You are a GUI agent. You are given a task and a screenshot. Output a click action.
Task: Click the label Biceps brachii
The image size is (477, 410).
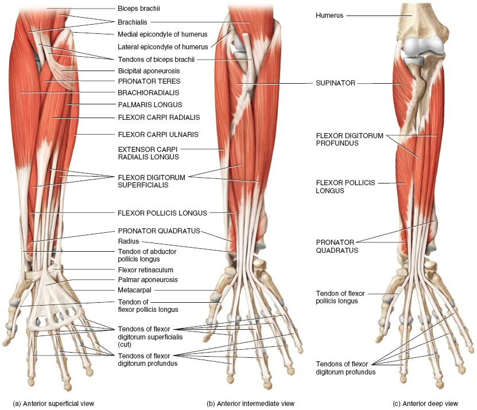(x=139, y=9)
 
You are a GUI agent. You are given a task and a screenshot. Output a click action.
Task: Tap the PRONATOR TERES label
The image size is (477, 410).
(x=149, y=81)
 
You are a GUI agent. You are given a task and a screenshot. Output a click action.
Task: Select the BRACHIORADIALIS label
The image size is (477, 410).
(x=149, y=93)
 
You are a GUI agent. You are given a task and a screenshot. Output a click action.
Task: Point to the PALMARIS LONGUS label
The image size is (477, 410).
(x=150, y=105)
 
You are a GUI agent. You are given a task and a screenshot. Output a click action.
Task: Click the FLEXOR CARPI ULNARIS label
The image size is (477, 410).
(x=158, y=135)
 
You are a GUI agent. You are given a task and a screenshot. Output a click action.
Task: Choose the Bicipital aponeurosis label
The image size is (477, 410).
(x=149, y=71)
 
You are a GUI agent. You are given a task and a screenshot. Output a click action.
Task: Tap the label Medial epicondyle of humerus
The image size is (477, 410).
(x=162, y=34)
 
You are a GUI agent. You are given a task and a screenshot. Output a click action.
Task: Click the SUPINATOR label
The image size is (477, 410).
(x=335, y=83)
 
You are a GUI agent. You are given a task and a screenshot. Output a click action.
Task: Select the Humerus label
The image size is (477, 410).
(x=329, y=15)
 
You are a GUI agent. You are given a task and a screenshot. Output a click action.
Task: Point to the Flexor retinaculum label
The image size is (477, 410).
(x=145, y=270)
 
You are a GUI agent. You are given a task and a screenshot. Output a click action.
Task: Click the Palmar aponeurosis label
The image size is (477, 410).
(x=148, y=280)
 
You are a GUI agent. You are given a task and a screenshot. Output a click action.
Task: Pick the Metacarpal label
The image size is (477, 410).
(x=134, y=290)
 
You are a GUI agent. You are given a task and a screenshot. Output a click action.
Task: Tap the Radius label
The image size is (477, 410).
(x=129, y=241)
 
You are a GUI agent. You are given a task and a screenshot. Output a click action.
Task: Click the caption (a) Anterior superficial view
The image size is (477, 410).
(x=53, y=404)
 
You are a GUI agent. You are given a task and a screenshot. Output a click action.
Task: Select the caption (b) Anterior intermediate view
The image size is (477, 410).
(x=251, y=404)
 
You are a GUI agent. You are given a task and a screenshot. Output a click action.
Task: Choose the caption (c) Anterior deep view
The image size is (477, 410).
(x=425, y=404)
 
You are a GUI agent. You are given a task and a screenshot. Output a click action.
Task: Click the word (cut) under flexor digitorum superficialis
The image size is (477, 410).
(x=125, y=345)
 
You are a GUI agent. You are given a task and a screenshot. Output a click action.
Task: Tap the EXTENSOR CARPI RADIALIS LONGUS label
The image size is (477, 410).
(x=148, y=153)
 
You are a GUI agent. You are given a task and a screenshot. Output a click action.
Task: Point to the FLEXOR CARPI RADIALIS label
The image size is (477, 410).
(x=159, y=118)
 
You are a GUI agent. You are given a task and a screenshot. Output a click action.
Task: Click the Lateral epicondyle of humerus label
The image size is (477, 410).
(x=163, y=47)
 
